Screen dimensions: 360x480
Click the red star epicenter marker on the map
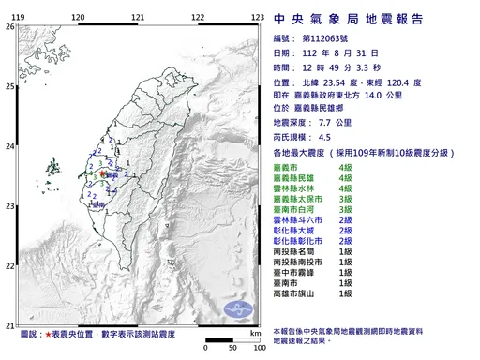click(101, 173)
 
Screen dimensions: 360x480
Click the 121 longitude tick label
click(137, 18)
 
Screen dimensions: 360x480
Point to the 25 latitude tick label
click(10, 86)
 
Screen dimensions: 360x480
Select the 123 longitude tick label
click(256, 18)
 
